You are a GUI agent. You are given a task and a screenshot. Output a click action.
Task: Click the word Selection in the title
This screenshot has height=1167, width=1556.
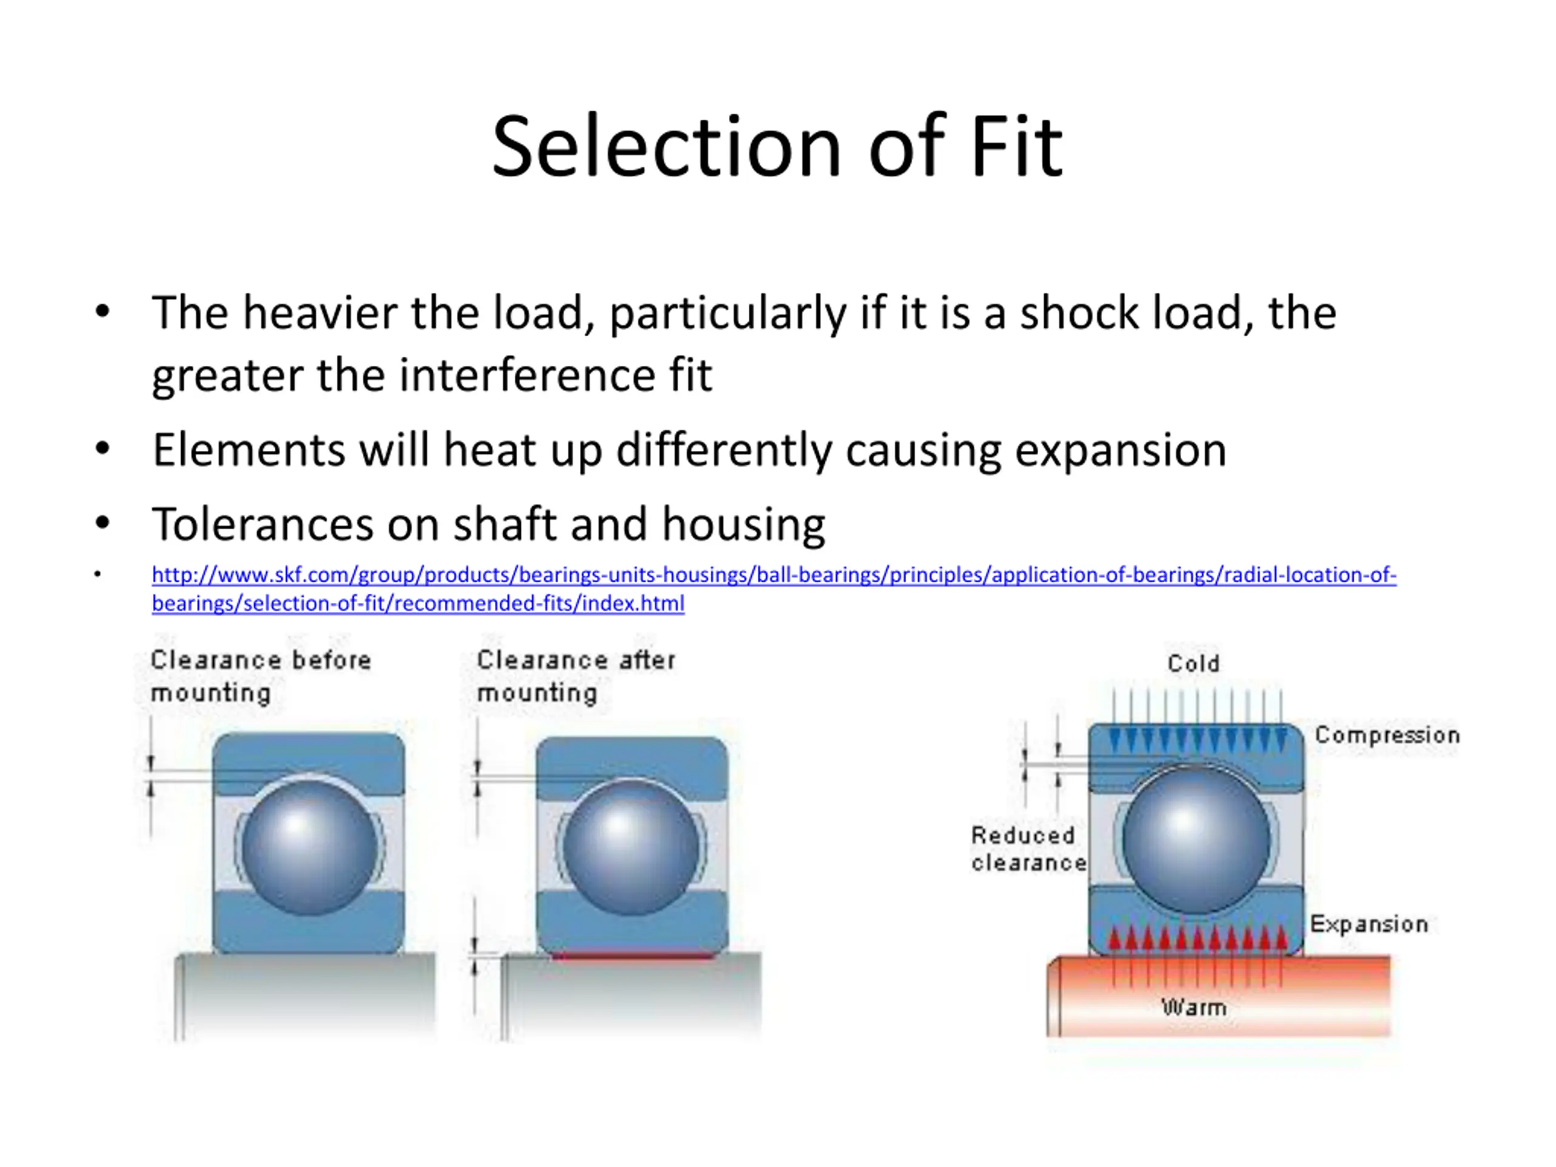coord(666,148)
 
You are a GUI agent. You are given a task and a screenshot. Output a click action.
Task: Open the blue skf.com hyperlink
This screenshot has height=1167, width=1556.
coord(774,575)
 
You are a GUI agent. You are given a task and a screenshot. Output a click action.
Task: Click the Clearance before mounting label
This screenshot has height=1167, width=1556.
coord(260,676)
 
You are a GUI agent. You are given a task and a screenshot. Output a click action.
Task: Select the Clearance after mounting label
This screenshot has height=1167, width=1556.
coord(576,676)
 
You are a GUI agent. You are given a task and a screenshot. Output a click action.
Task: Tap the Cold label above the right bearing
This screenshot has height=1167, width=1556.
coord(1193,663)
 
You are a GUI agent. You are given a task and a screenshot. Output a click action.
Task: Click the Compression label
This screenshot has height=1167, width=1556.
coord(1387,735)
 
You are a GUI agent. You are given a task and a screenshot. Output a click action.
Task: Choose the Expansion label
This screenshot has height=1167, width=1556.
coord(1369,924)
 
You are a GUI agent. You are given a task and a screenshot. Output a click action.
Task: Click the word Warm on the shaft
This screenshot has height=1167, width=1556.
coord(1194,1007)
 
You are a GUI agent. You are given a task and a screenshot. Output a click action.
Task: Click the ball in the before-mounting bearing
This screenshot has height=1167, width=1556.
coord(309,848)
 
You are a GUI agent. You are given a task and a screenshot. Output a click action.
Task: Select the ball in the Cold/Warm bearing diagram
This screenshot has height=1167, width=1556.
coord(1196,839)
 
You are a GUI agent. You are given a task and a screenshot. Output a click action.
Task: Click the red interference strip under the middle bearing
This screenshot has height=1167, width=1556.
coord(632,955)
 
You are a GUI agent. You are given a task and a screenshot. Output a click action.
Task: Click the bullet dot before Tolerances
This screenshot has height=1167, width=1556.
coord(103,523)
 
